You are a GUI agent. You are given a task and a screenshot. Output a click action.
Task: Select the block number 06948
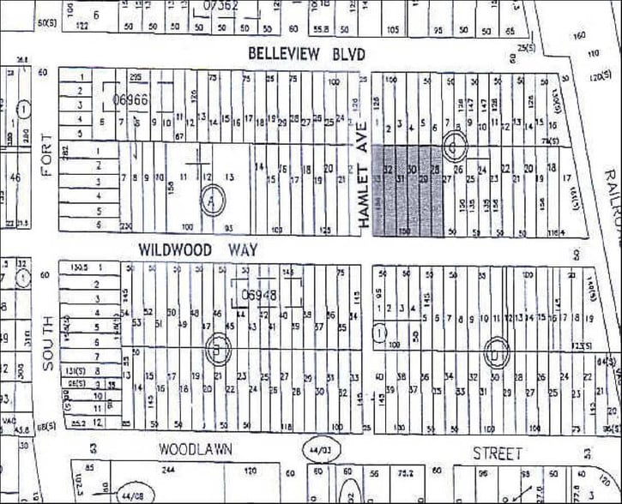(x=260, y=295)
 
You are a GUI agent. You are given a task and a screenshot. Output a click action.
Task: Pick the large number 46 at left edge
(x=15, y=178)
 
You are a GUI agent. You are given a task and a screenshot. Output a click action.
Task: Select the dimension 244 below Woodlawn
(x=168, y=471)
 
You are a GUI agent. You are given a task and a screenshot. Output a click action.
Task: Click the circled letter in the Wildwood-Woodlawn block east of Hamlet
(x=494, y=349)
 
